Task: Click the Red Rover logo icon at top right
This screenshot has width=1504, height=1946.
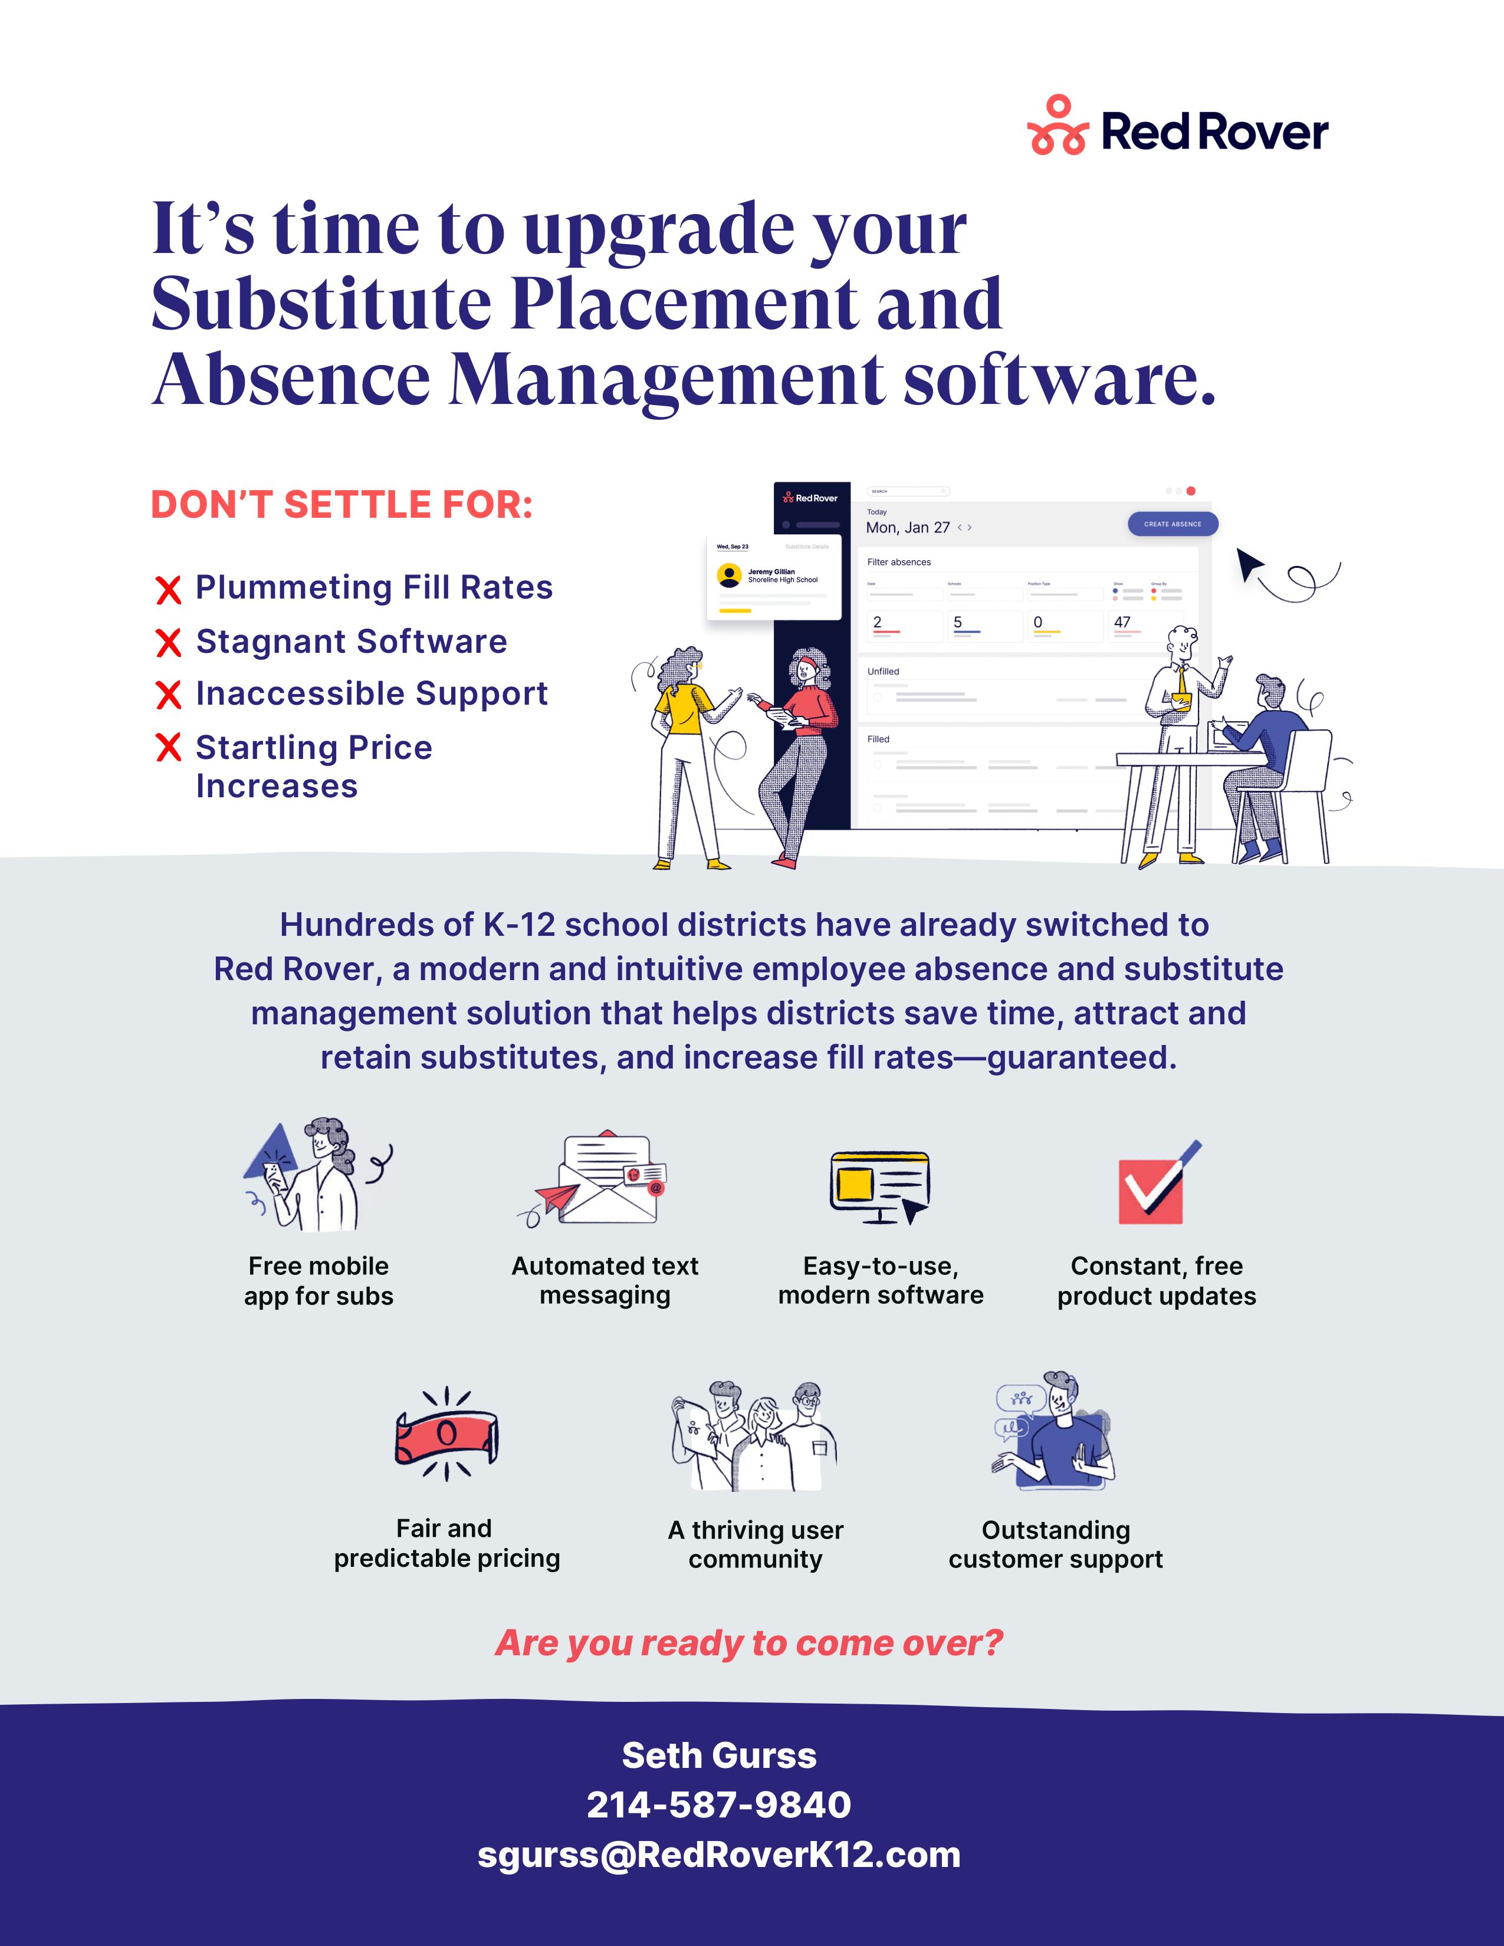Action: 1058,127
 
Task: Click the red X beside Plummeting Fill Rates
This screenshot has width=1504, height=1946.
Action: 169,589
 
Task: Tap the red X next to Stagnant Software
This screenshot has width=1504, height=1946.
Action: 169,642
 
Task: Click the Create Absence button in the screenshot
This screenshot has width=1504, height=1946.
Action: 1172,524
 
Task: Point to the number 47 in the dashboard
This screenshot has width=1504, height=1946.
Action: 1122,622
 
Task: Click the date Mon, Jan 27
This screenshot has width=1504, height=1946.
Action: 908,528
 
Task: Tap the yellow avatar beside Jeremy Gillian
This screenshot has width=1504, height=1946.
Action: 730,576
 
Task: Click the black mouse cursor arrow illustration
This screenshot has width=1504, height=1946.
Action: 1249,563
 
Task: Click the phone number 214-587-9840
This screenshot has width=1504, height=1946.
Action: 719,1805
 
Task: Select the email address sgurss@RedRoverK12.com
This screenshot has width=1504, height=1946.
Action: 719,1855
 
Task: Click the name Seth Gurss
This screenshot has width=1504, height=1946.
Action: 719,1756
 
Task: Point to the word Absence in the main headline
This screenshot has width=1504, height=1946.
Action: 291,380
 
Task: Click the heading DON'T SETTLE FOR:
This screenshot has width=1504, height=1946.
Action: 342,505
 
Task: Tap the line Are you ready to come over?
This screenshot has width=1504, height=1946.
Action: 749,1643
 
